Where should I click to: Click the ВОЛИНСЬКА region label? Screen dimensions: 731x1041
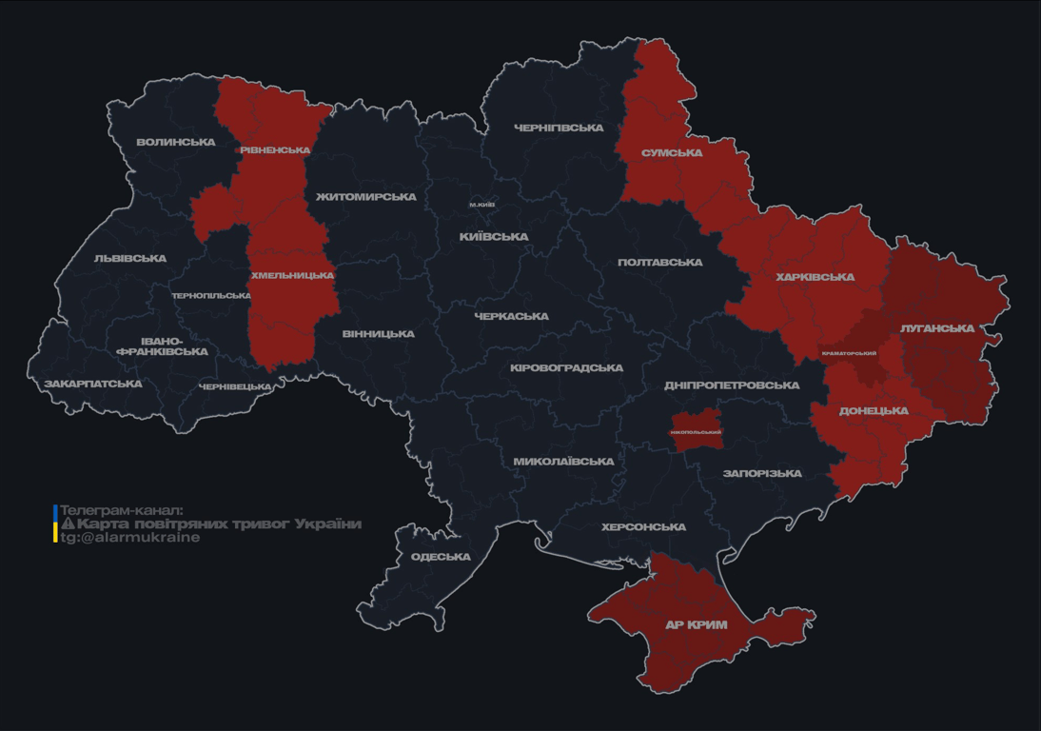pyautogui.click(x=176, y=143)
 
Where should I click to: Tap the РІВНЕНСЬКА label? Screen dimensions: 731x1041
pyautogui.click(x=275, y=150)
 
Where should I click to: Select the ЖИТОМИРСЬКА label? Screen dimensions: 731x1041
pyautogui.click(x=366, y=197)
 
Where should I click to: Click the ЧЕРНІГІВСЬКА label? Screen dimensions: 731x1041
pyautogui.click(x=559, y=128)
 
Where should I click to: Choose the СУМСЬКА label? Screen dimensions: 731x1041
pyautogui.click(x=672, y=153)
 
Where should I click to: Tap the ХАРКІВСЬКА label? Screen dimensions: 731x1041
pyautogui.click(x=815, y=278)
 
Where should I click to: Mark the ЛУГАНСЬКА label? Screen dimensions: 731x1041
pyautogui.click(x=937, y=328)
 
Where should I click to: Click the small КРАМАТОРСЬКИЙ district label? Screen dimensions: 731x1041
pyautogui.click(x=849, y=354)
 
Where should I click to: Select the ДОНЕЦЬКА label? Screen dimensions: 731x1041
pyautogui.click(x=874, y=411)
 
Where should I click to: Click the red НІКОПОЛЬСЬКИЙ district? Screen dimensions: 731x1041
pyautogui.click(x=696, y=427)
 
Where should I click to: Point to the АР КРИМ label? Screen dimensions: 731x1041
pyautogui.click(x=696, y=625)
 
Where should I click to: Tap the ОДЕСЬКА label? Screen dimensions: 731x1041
pyautogui.click(x=441, y=557)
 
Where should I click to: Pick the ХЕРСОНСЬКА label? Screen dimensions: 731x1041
pyautogui.click(x=643, y=527)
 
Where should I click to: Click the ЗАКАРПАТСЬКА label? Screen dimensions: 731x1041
pyautogui.click(x=93, y=385)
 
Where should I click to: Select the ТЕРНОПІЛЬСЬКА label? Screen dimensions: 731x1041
pyautogui.click(x=211, y=296)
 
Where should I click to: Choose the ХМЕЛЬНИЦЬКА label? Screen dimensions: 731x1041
pyautogui.click(x=292, y=276)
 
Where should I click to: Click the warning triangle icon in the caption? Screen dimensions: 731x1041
pyautogui.click(x=68, y=524)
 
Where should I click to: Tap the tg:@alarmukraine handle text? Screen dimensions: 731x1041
pyautogui.click(x=130, y=538)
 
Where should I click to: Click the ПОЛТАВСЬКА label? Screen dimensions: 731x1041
pyautogui.click(x=659, y=263)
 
